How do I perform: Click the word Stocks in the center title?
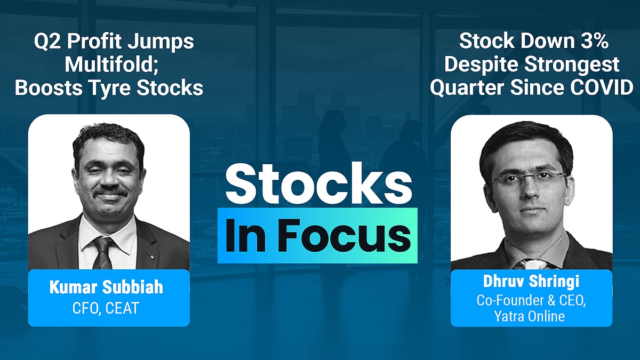click(318, 183)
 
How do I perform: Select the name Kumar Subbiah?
click(106, 287)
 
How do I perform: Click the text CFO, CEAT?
click(106, 308)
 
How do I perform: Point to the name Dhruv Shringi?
click(531, 281)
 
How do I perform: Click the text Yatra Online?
click(530, 316)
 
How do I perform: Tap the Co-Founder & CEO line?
click(531, 300)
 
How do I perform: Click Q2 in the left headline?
click(47, 42)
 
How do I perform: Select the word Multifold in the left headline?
click(109, 65)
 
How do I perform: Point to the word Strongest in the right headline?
click(572, 65)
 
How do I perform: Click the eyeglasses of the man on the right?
click(527, 179)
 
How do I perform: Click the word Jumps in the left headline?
click(161, 42)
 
